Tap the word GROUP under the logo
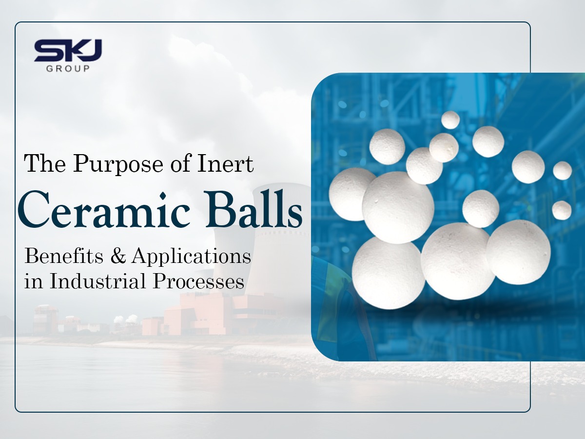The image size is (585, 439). coord(68,69)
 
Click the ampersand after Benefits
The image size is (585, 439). coord(118,257)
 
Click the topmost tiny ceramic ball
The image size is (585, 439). coord(450,120)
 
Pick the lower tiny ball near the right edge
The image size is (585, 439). coord(562,210)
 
